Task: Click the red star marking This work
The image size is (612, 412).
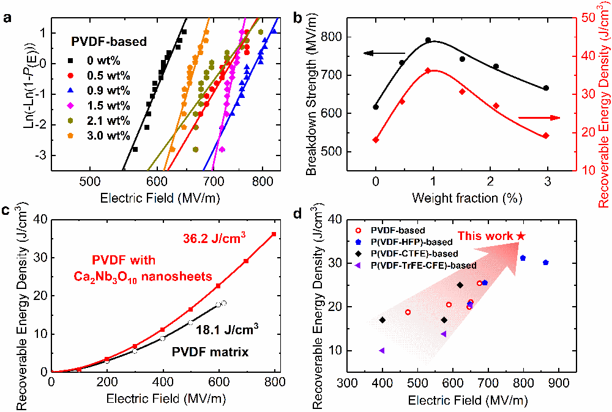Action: coord(521,236)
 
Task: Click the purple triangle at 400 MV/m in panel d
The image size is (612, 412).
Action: coord(382,351)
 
